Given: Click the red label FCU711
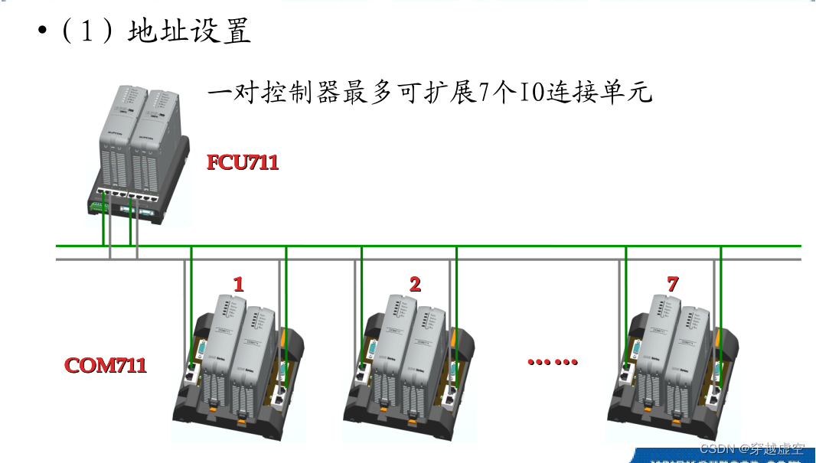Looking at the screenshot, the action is coord(243,162).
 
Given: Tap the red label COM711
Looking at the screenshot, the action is coord(106,364).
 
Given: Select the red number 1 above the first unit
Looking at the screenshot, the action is coord(239,285).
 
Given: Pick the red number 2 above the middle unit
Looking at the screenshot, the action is coord(415,285).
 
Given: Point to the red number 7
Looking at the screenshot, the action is coord(672,284).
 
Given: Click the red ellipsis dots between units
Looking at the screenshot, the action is coord(553,362).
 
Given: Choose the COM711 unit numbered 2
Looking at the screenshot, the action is coord(413,364).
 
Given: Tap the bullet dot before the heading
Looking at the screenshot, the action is coord(43,32).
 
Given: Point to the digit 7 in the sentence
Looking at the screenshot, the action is coord(485,94).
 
